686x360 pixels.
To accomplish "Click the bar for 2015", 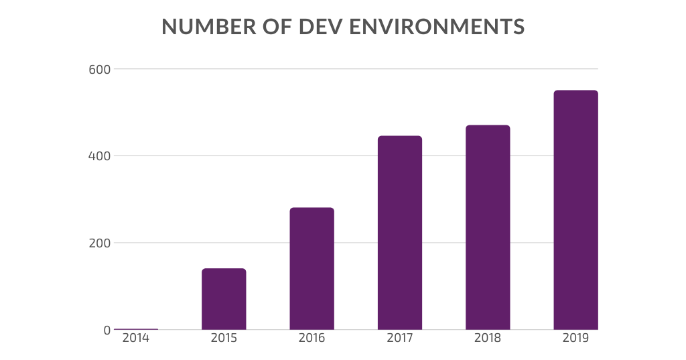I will click(x=224, y=299).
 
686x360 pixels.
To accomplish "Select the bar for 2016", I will click(x=312, y=268).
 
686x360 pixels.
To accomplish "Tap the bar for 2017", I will click(x=400, y=233).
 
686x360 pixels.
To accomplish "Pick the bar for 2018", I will click(x=488, y=227).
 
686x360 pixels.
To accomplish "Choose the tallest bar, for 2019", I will click(x=575, y=210).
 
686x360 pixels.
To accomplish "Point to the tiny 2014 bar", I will click(x=136, y=329).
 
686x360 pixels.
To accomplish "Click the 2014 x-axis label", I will click(x=136, y=339).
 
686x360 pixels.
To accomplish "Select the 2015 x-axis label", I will click(x=224, y=339).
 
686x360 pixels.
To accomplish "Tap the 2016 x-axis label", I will click(x=312, y=339).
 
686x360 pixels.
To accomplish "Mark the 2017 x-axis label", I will click(x=400, y=339).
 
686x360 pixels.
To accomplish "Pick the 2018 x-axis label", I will click(x=488, y=339).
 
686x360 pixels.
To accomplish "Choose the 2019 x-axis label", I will click(x=575, y=339).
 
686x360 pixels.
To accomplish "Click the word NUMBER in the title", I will click(x=200, y=27).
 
